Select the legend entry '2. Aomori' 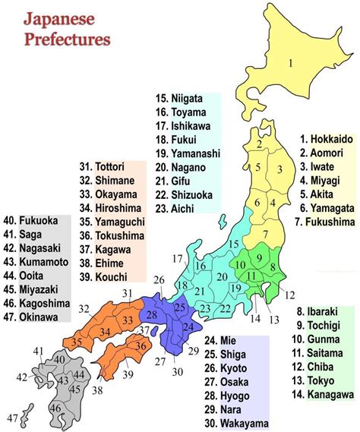point(323,153)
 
